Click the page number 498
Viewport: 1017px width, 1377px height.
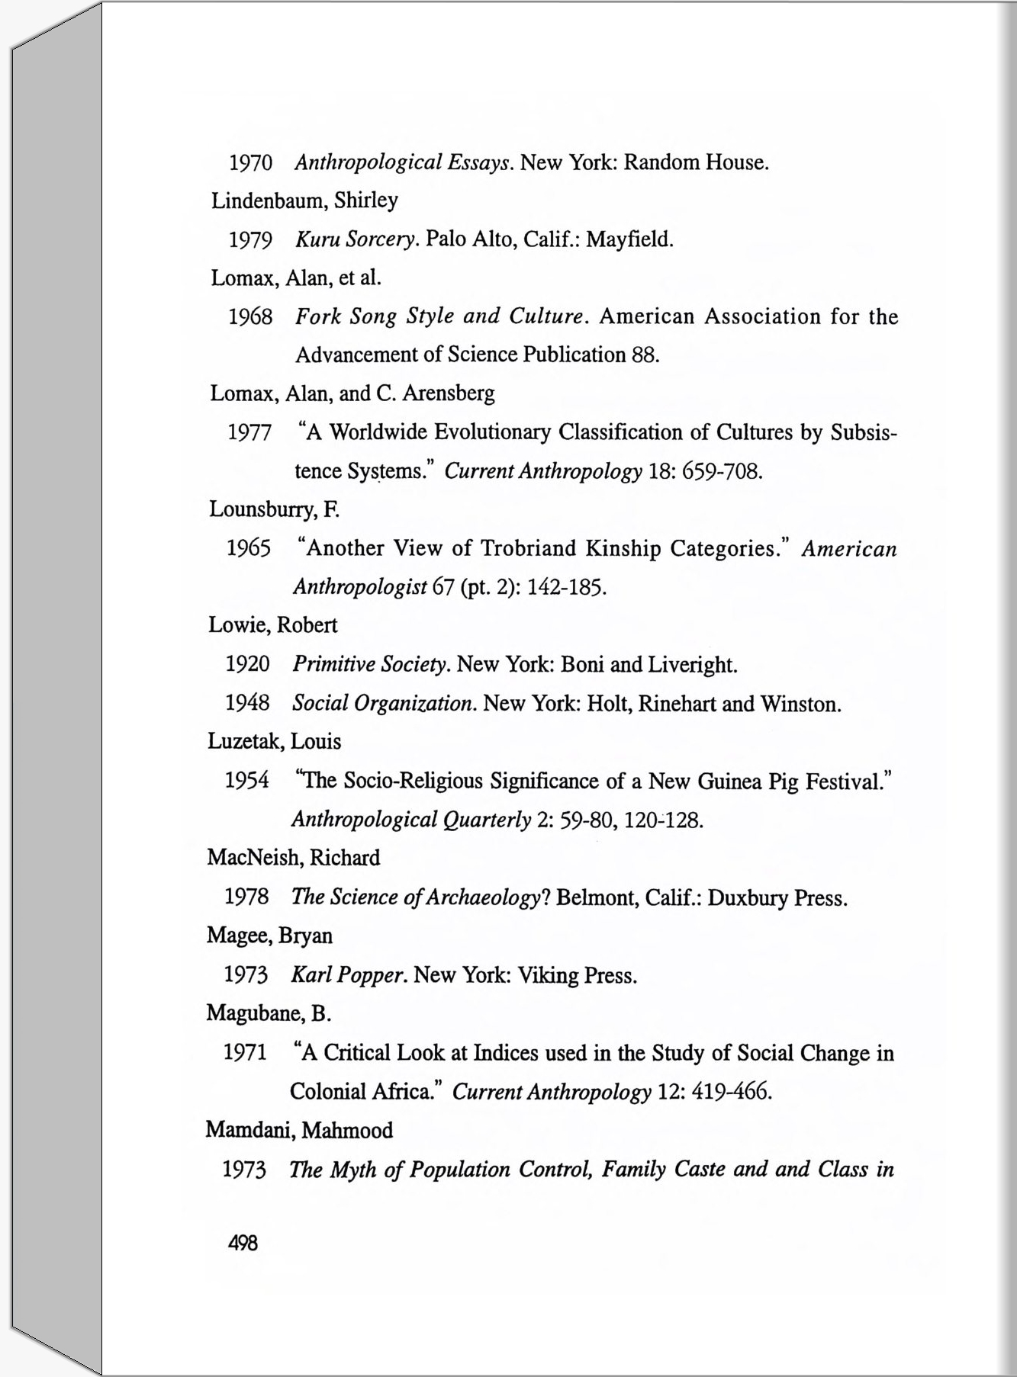point(243,1244)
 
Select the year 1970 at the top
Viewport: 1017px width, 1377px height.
point(251,162)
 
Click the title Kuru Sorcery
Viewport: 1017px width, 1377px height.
point(356,239)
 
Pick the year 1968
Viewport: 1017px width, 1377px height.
point(250,316)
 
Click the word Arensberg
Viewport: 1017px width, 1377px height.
point(448,393)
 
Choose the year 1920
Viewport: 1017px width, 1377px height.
point(247,664)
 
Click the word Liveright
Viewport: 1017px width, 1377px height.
point(692,665)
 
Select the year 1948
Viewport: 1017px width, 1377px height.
point(247,703)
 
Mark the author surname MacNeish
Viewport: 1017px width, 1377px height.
point(255,858)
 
